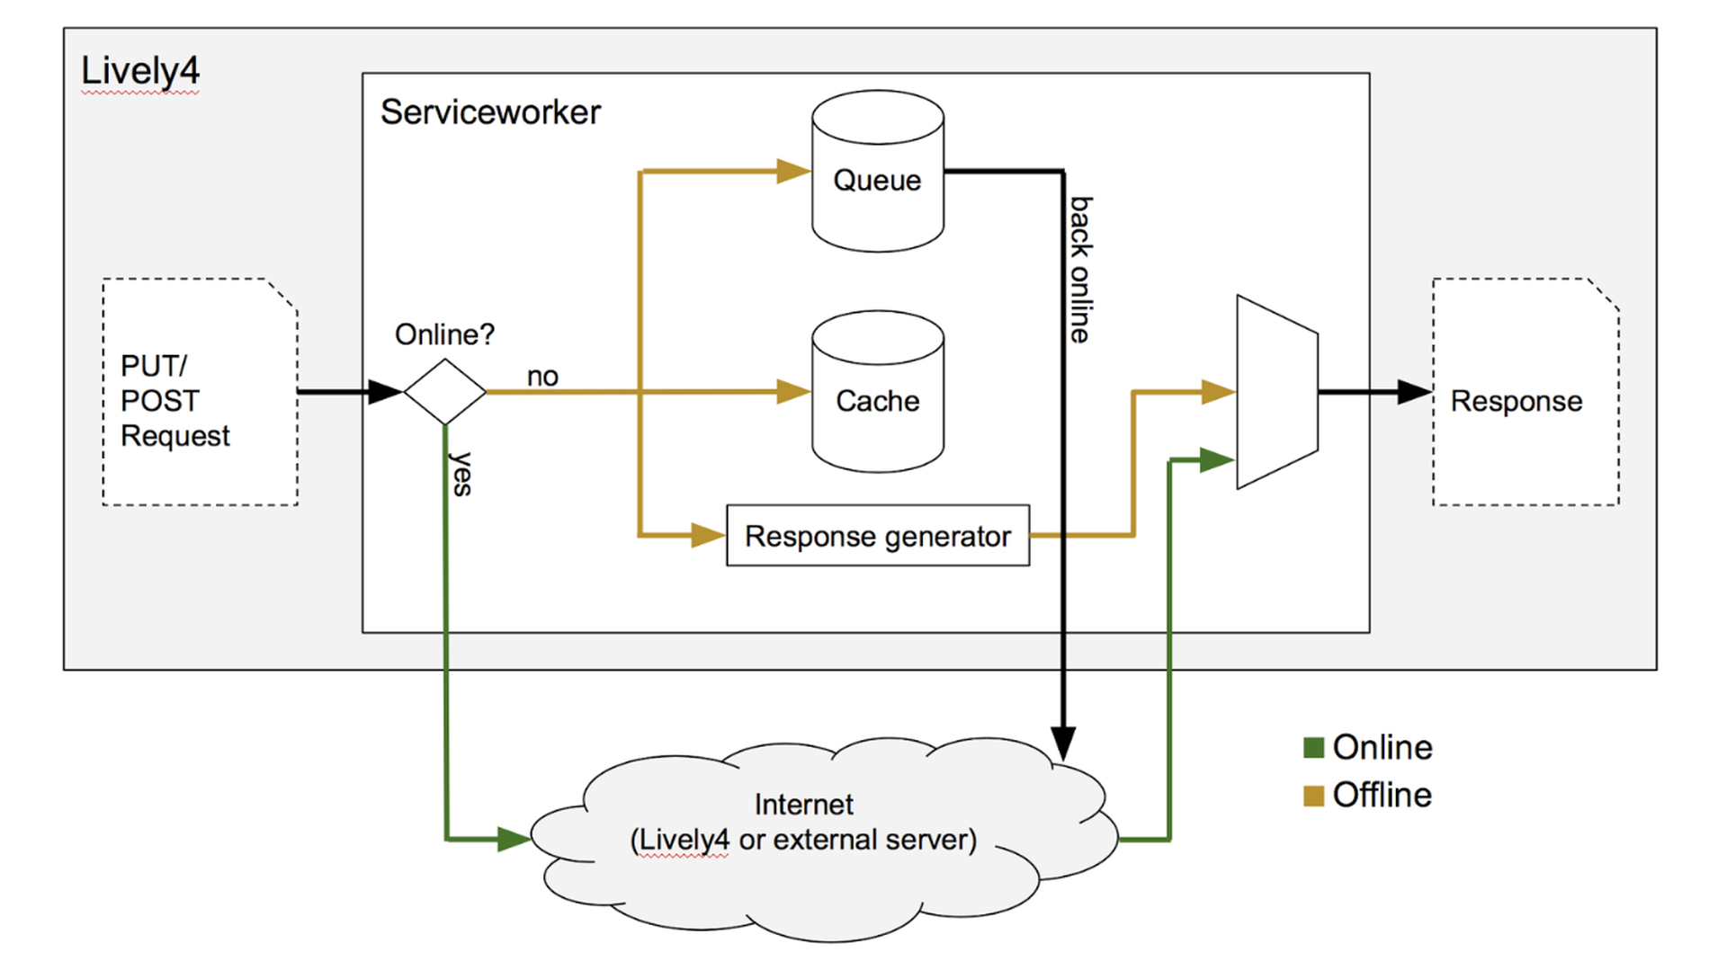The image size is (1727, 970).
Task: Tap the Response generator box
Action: pos(877,536)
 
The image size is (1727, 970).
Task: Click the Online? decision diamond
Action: pos(444,392)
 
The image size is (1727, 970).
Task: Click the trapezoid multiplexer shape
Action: pos(1276,392)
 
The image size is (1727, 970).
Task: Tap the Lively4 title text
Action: pos(140,71)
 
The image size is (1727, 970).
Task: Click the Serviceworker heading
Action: pos(490,112)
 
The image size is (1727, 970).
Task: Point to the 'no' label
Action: pos(542,376)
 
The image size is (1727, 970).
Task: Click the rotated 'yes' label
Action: pos(461,474)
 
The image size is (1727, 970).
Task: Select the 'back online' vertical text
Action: pos(1080,270)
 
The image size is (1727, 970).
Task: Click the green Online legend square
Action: pos(1313,747)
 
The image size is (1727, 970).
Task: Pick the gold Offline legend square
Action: pos(1313,796)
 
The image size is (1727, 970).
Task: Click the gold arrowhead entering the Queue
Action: pos(793,171)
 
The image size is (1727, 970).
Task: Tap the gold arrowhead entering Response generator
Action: pos(708,536)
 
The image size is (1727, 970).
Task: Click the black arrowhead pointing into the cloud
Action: pos(1063,744)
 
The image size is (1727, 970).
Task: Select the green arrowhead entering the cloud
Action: pos(514,840)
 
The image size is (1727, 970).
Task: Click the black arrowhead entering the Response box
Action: pos(1414,392)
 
